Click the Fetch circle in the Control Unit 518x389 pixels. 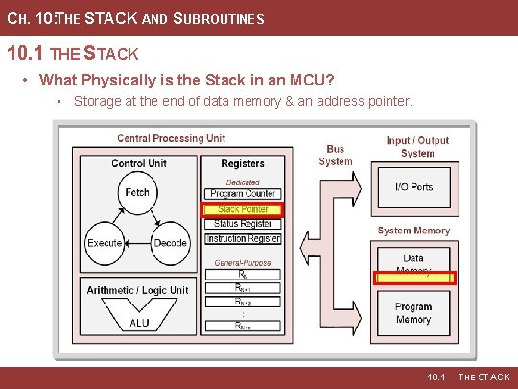click(137, 193)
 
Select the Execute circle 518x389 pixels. click(105, 243)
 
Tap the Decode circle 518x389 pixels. click(170, 243)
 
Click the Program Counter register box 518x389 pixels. click(243, 194)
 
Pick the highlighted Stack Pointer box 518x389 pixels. click(243, 209)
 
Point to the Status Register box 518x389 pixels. click(243, 224)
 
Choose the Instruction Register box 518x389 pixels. click(243, 238)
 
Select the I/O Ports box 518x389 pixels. click(413, 187)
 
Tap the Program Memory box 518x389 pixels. click(413, 313)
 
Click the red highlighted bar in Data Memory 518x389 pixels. click(413, 279)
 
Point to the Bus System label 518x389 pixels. click(336, 156)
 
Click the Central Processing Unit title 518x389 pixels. click(173, 138)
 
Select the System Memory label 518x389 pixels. click(413, 231)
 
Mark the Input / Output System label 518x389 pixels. click(416, 147)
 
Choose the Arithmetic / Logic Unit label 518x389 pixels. click(138, 290)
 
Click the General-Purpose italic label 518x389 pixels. click(243, 262)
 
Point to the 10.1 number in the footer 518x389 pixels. click(436, 377)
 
